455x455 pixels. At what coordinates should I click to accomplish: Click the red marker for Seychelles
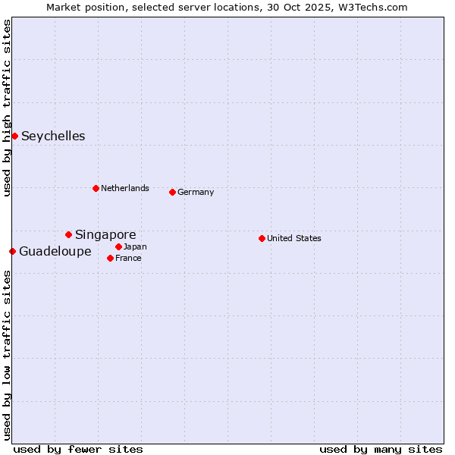point(14,136)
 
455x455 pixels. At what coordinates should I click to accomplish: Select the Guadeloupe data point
point(12,251)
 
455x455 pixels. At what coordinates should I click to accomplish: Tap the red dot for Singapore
point(68,234)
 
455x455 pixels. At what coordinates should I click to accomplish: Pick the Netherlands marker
point(96,188)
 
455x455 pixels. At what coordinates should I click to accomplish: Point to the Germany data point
point(172,192)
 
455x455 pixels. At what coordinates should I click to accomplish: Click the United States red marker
point(262,238)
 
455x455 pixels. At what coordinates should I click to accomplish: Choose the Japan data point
point(118,246)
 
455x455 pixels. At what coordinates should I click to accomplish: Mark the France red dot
point(110,258)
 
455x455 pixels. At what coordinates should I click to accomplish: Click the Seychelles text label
point(53,136)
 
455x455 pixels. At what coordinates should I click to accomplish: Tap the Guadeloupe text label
point(55,252)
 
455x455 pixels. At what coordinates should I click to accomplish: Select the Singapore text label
point(105,235)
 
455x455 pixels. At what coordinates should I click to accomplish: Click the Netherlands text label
point(125,188)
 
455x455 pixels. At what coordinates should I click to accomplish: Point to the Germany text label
point(196,192)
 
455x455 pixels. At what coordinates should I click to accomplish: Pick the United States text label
point(294,238)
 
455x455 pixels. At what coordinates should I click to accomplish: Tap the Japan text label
point(135,246)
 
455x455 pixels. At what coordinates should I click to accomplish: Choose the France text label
point(128,258)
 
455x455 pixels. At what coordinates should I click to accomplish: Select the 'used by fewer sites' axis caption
point(78,449)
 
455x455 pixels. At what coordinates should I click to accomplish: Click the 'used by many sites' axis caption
point(381,449)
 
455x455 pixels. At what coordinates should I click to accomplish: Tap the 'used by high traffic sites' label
point(7,108)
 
